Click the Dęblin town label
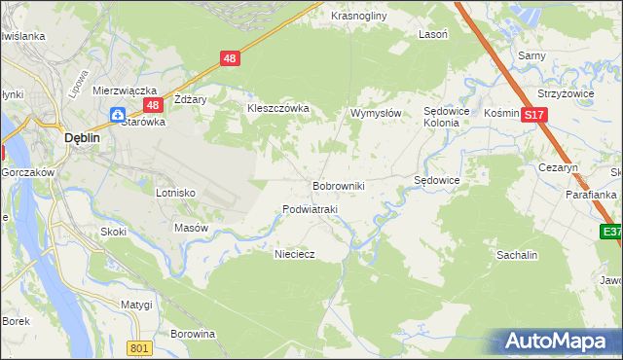pos(83,138)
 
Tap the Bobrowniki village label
pos(338,185)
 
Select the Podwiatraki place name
pos(309,209)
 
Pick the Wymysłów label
pos(376,113)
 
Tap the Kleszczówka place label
pos(278,108)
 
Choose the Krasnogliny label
pos(359,17)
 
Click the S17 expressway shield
pos(532,115)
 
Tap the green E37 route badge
pos(611,232)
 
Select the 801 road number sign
pos(140,348)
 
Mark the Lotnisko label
pos(175,193)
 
